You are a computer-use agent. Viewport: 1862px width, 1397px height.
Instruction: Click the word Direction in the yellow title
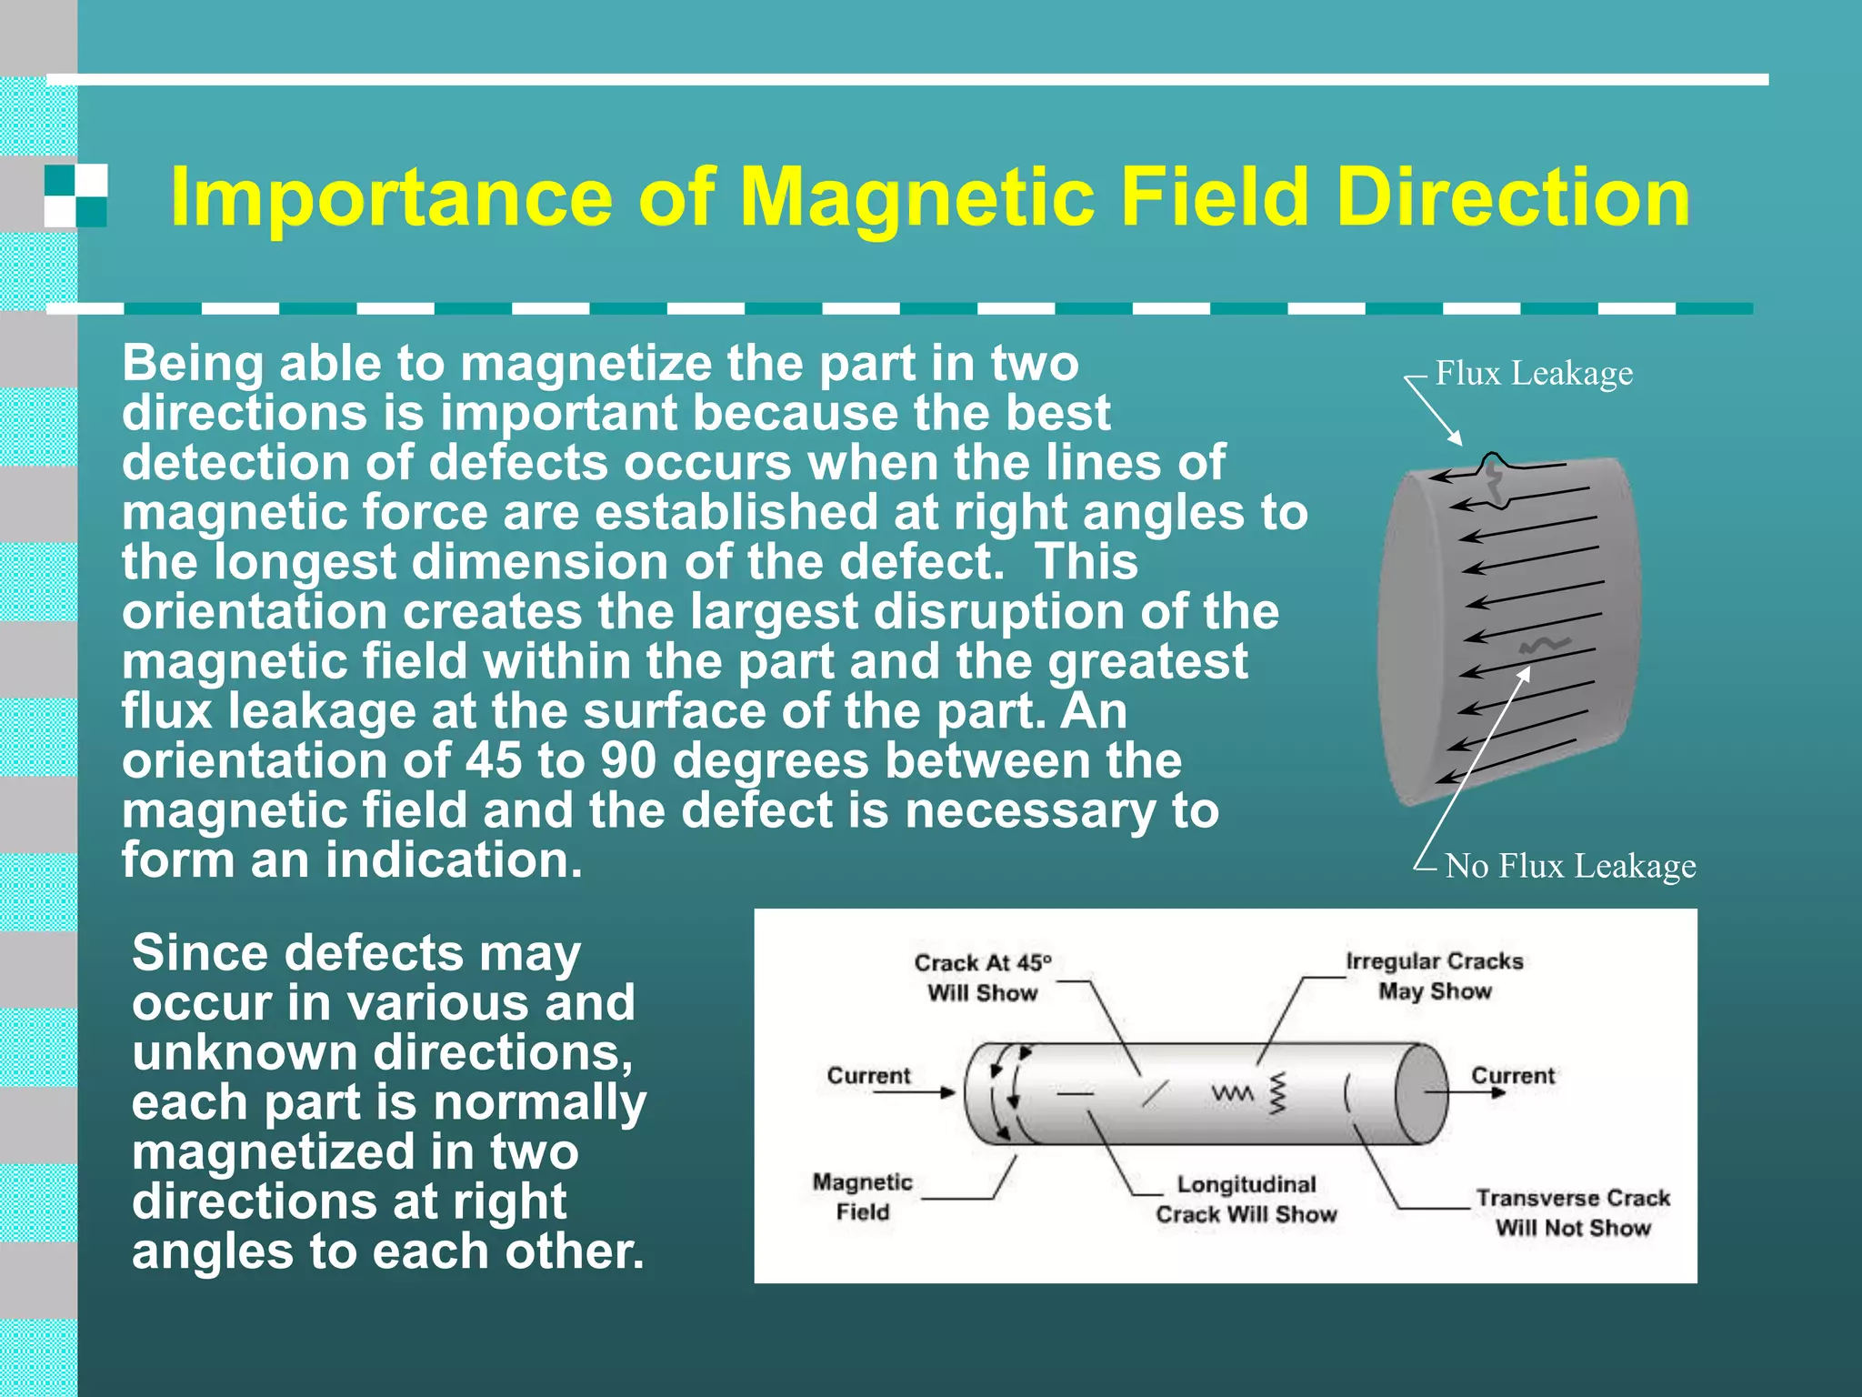pos(1513,198)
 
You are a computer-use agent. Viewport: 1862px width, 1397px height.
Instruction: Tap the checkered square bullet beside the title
pos(76,196)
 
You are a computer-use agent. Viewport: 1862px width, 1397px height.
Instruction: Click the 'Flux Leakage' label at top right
pos(1534,374)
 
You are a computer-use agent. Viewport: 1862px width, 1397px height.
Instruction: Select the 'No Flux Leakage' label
pos(1570,866)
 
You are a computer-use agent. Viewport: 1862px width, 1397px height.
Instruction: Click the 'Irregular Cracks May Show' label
pos(1434,976)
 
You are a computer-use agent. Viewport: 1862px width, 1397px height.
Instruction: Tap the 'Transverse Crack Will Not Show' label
pos(1573,1212)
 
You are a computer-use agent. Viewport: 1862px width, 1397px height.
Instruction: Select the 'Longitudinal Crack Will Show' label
pos(1246,1199)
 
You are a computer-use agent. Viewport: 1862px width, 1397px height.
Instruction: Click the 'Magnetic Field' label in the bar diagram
pos(862,1197)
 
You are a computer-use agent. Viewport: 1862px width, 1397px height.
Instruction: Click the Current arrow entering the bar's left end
pos(914,1091)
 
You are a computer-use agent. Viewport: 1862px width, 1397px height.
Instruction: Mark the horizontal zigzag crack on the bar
pos(1232,1092)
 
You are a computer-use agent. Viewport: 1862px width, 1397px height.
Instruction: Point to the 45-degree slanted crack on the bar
pos(1155,1092)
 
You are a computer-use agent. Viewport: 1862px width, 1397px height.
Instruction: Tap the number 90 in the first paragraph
pos(627,760)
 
